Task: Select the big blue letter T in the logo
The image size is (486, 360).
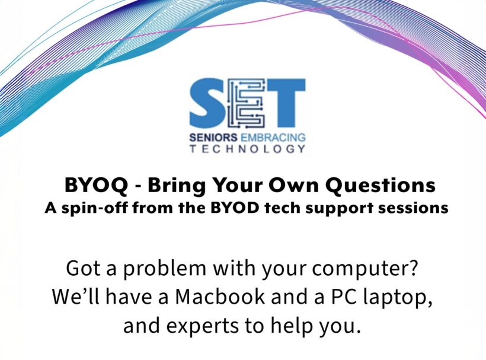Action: (x=286, y=103)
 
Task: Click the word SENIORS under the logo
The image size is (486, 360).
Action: (x=213, y=138)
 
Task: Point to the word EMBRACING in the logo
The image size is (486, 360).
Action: (x=273, y=138)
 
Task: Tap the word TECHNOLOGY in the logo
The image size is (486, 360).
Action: (x=247, y=149)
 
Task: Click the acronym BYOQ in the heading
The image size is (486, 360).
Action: (x=96, y=186)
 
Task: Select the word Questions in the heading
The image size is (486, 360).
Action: (x=381, y=186)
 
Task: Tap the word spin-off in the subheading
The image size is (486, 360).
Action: (x=94, y=208)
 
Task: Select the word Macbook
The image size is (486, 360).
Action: (x=220, y=297)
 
